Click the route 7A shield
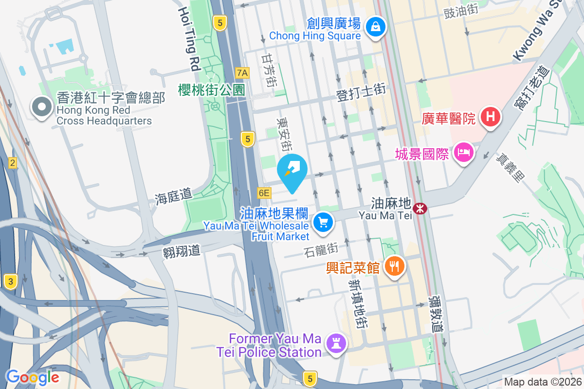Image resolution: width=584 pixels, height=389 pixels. point(242,73)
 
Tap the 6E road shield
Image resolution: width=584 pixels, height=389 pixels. point(264,193)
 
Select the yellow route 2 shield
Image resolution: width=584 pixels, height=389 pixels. point(12,163)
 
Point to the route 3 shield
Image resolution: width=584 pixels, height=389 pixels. point(10,281)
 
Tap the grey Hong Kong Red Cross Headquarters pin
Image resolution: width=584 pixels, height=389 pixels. point(41,107)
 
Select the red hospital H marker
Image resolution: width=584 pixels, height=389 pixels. point(491,117)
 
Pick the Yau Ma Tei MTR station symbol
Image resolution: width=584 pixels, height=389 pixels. point(419,208)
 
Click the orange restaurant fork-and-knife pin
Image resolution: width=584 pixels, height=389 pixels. point(394,266)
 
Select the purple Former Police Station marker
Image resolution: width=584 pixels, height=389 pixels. point(336,343)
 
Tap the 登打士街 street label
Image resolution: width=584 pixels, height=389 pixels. point(362,92)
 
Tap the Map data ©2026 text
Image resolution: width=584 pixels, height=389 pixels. point(542,382)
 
